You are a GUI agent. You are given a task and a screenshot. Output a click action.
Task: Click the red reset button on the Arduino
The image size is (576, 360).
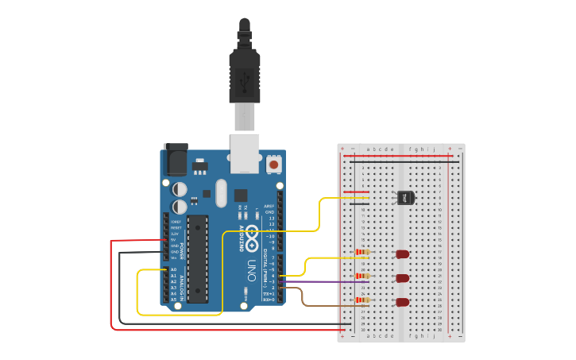click(274, 165)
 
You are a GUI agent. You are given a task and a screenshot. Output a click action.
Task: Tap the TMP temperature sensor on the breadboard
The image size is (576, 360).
click(405, 197)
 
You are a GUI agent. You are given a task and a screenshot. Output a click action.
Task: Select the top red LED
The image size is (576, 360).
click(403, 254)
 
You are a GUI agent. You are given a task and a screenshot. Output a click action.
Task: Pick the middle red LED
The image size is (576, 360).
click(403, 278)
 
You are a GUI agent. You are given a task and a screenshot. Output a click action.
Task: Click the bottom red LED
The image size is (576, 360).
click(403, 302)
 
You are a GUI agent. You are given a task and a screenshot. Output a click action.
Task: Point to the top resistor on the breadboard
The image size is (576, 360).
click(362, 253)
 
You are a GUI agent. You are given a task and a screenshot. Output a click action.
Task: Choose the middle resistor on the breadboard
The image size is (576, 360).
click(362, 276)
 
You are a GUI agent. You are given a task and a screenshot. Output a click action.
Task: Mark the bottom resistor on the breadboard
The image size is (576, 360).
click(362, 300)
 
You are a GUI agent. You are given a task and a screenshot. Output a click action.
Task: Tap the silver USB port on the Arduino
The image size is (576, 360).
click(245, 153)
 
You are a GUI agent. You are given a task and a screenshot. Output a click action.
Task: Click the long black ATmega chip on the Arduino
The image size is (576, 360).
click(197, 258)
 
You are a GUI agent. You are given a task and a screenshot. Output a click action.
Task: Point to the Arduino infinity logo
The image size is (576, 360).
click(251, 235)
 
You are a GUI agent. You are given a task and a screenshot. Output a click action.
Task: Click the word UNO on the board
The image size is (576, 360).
click(251, 265)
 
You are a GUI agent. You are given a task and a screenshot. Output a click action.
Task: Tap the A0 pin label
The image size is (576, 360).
click(173, 269)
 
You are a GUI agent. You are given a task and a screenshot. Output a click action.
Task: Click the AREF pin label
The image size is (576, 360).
click(269, 206)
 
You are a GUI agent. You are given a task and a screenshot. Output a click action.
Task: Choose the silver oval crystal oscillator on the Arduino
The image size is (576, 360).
click(220, 192)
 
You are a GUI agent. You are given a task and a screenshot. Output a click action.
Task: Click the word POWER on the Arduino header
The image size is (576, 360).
click(180, 253)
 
